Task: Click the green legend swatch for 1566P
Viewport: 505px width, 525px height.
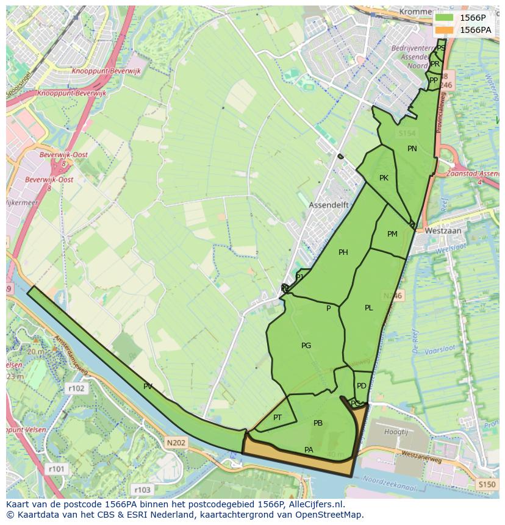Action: pos(445,18)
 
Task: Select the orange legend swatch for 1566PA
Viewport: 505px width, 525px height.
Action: pos(445,29)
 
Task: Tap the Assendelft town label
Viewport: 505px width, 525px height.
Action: pos(328,205)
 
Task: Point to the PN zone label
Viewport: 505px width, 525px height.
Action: pos(412,148)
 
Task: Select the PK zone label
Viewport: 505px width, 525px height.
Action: pos(384,178)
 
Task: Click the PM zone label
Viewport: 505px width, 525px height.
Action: pos(392,234)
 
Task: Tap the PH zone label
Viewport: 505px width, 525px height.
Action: pos(343,252)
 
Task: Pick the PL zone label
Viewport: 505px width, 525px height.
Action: pos(368,308)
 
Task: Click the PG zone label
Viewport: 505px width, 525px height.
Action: pos(306,346)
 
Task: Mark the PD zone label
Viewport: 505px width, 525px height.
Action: pos(362,386)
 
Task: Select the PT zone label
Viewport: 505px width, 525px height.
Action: pos(278,418)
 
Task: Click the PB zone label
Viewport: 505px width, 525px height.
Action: pos(318,423)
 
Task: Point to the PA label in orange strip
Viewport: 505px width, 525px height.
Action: pos(309,450)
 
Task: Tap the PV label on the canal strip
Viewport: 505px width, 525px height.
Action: pos(148,386)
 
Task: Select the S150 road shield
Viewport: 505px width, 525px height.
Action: pos(487,484)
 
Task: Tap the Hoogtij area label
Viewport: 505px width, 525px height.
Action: pos(396,432)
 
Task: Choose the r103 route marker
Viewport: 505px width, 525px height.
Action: pos(142,490)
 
